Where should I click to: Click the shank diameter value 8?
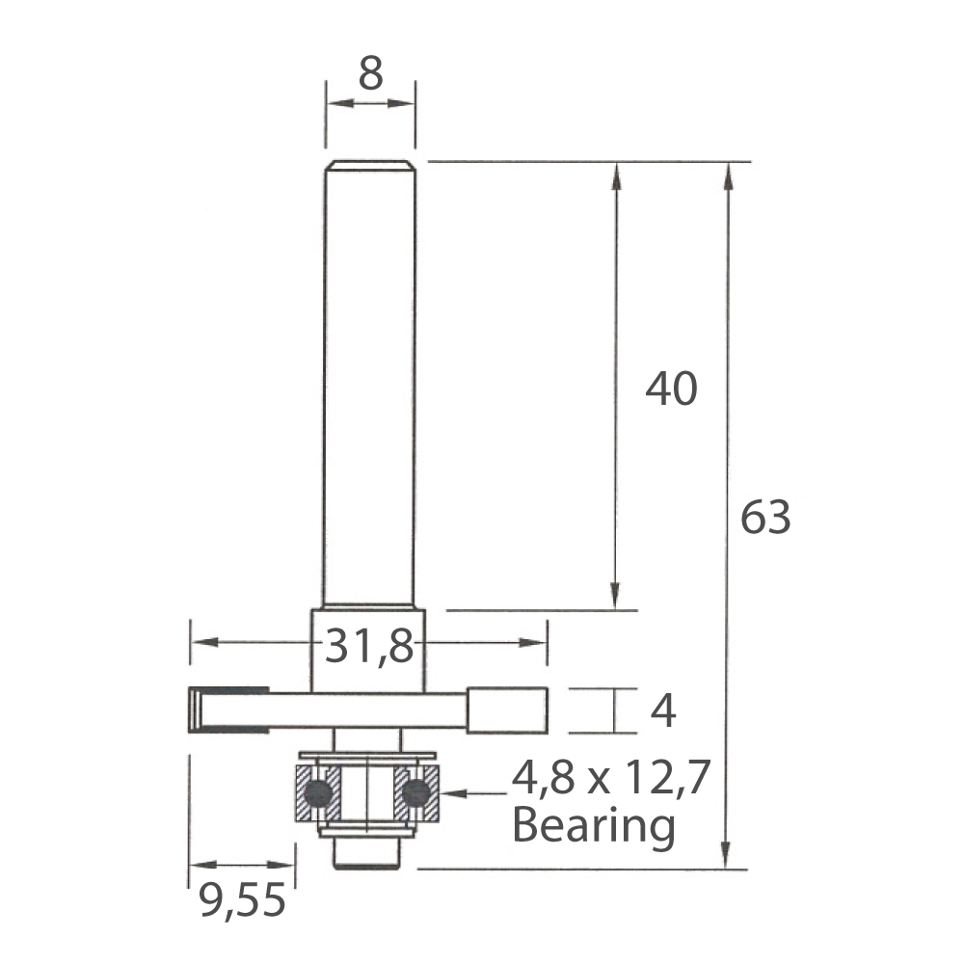coord(371,73)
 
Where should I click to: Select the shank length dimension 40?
coord(671,388)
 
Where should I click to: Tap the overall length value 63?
coord(765,517)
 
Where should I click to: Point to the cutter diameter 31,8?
coord(369,646)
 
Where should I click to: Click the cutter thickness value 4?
coord(663,710)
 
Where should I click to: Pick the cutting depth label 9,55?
coord(242,900)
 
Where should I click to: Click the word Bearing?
coord(594,826)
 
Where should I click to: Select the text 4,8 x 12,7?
coord(611,778)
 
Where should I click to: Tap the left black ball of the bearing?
coord(318,793)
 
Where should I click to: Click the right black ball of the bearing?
coord(415,793)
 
